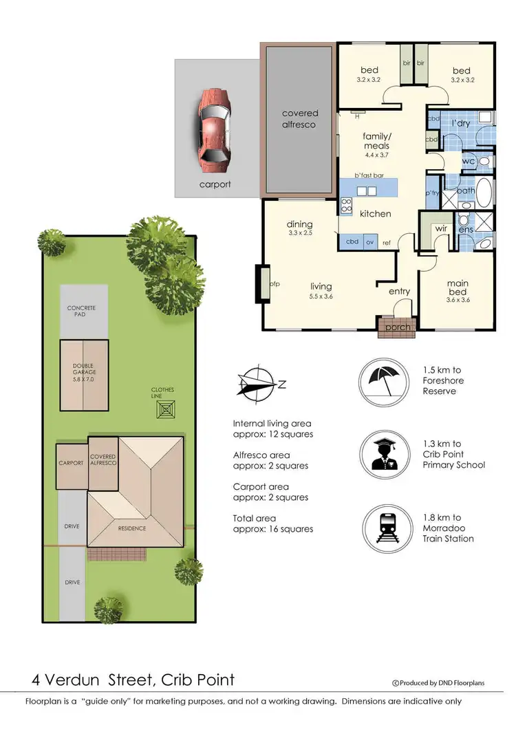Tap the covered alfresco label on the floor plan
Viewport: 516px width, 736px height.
point(300,118)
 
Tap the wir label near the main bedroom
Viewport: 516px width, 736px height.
point(440,229)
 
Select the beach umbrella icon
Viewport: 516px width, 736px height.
point(386,380)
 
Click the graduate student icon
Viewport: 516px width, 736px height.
point(386,454)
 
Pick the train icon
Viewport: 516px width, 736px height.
point(386,528)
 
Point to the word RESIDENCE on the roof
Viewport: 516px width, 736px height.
point(132,528)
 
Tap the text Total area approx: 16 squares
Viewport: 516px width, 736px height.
point(272,523)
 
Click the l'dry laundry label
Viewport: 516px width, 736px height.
point(459,122)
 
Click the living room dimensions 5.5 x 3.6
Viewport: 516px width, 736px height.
point(321,296)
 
